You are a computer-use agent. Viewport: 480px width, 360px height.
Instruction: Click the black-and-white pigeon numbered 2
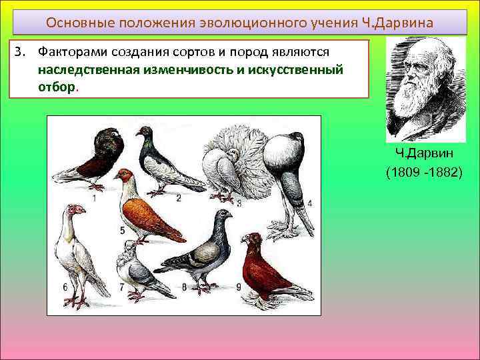tap(163, 163)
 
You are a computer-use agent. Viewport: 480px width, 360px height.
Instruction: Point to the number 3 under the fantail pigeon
tap(239, 201)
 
